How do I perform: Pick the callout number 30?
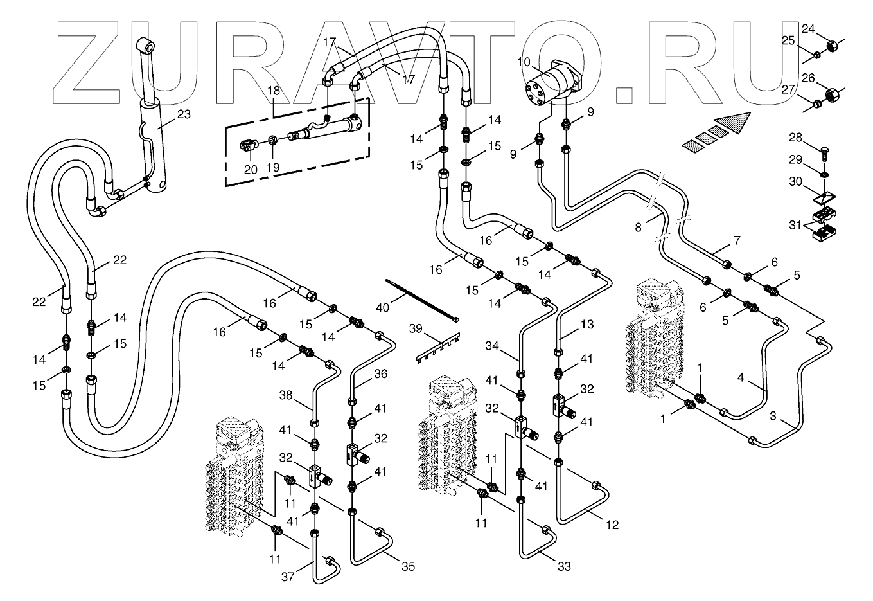pos(795,182)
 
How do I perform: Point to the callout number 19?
pos(274,168)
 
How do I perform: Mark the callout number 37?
pos(288,577)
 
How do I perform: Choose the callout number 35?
pos(409,566)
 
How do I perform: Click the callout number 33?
pos(564,566)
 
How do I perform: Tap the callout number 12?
pos(612,525)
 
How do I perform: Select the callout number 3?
pos(775,417)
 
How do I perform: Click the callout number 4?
pos(741,378)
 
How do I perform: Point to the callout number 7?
pos(737,241)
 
